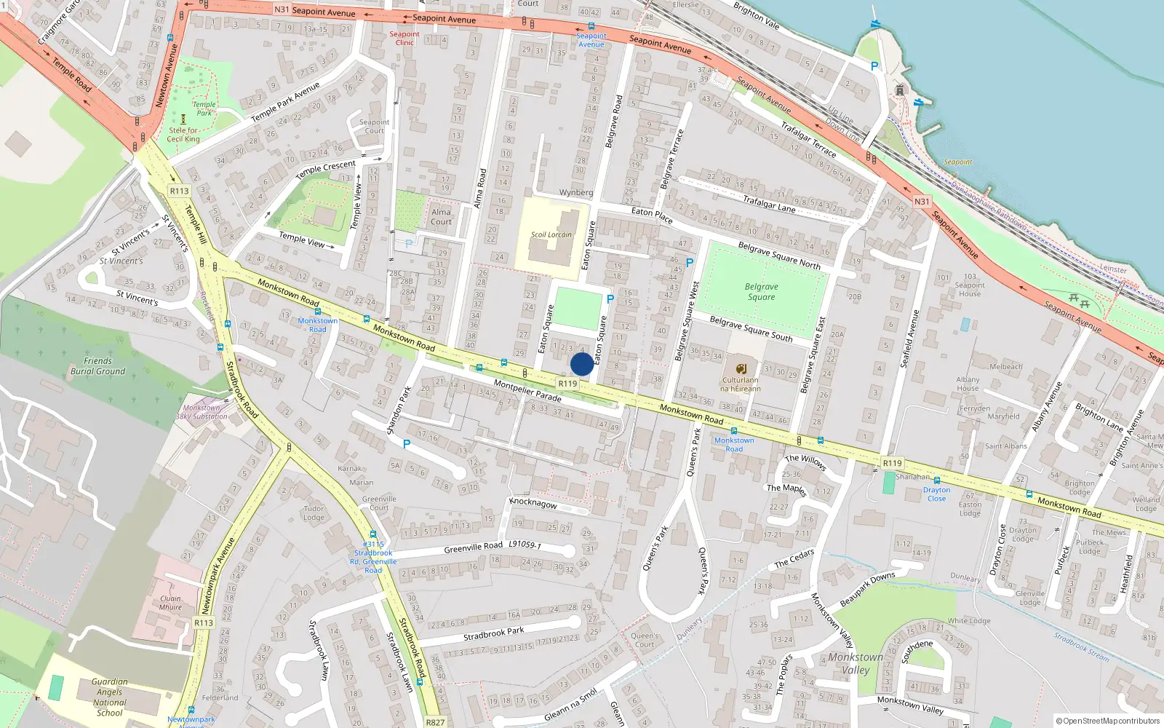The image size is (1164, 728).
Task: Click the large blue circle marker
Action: coord(582,364)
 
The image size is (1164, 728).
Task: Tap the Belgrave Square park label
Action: coord(761,292)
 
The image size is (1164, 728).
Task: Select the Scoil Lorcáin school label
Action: coord(551,234)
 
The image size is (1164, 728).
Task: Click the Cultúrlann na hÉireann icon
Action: coord(741,368)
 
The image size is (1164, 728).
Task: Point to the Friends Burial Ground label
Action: coord(97,366)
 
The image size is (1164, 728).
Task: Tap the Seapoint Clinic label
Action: coord(404,38)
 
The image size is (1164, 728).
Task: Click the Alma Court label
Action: coord(441,217)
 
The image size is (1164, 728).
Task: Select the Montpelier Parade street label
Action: coord(527,390)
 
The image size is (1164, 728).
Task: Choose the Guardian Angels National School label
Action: coord(110,697)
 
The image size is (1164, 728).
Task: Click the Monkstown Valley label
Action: coord(856,663)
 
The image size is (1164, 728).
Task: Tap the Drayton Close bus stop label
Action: coord(936,494)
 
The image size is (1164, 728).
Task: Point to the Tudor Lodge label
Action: coord(314,513)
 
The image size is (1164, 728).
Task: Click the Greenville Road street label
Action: coord(473,547)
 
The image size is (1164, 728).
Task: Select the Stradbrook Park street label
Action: coord(493,633)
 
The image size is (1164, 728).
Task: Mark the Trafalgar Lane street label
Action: coord(768,203)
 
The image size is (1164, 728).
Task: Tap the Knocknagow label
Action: coord(533,503)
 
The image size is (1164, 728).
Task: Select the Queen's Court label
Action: coord(645,640)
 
